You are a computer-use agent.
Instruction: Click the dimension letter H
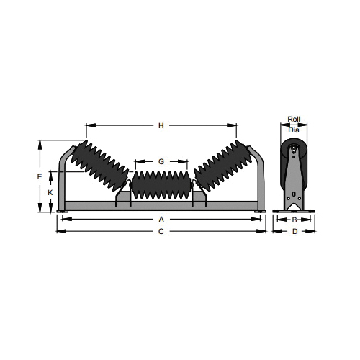(161, 125)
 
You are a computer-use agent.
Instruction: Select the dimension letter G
(161, 161)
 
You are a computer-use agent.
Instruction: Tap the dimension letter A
(161, 219)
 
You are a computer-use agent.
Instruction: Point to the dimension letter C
(161, 231)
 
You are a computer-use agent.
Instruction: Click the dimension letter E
(40, 176)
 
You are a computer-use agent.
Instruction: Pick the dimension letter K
(50, 192)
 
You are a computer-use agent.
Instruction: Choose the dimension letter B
(294, 220)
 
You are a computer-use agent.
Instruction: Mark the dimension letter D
(295, 231)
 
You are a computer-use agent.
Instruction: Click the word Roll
(294, 119)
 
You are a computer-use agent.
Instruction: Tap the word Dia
(294, 130)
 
